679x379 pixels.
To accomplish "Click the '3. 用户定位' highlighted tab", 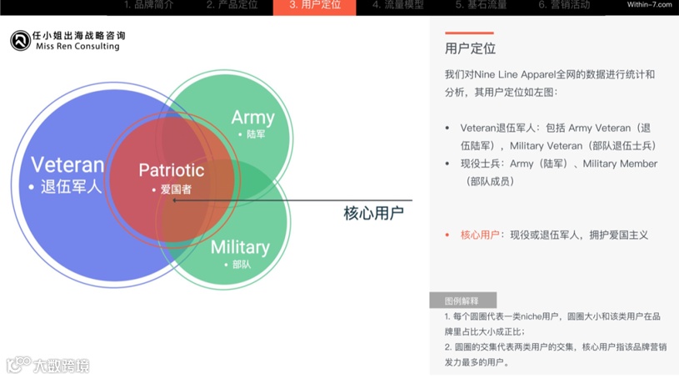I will pyautogui.click(x=315, y=5).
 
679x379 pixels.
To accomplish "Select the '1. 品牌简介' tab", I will pyautogui.click(x=149, y=5).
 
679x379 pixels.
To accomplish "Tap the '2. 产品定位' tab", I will pyautogui.click(x=232, y=5).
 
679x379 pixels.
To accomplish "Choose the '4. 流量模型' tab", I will pyautogui.click(x=397, y=5).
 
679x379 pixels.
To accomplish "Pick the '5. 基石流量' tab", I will pyautogui.click(x=481, y=5).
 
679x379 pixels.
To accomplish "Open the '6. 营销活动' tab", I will pyautogui.click(x=564, y=5).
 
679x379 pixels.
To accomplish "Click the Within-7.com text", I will pyautogui.click(x=648, y=5).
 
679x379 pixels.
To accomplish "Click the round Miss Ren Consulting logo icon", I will pyautogui.click(x=20, y=41).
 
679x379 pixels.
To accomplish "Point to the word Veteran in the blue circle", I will pyautogui.click(x=67, y=164).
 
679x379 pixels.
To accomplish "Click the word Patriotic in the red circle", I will pyautogui.click(x=171, y=170).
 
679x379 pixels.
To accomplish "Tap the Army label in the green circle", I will pyautogui.click(x=252, y=117).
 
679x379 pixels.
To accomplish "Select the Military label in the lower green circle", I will pyautogui.click(x=240, y=247).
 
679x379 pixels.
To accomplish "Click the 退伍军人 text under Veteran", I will pyautogui.click(x=71, y=186).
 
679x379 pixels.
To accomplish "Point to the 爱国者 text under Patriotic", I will pyautogui.click(x=176, y=189).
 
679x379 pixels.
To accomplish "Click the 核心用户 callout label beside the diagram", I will pyautogui.click(x=373, y=213).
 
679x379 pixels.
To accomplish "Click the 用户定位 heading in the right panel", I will pyautogui.click(x=471, y=48).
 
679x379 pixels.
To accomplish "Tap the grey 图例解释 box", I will pyautogui.click(x=463, y=300).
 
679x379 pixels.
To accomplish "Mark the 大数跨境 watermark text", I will pyautogui.click(x=60, y=365).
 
